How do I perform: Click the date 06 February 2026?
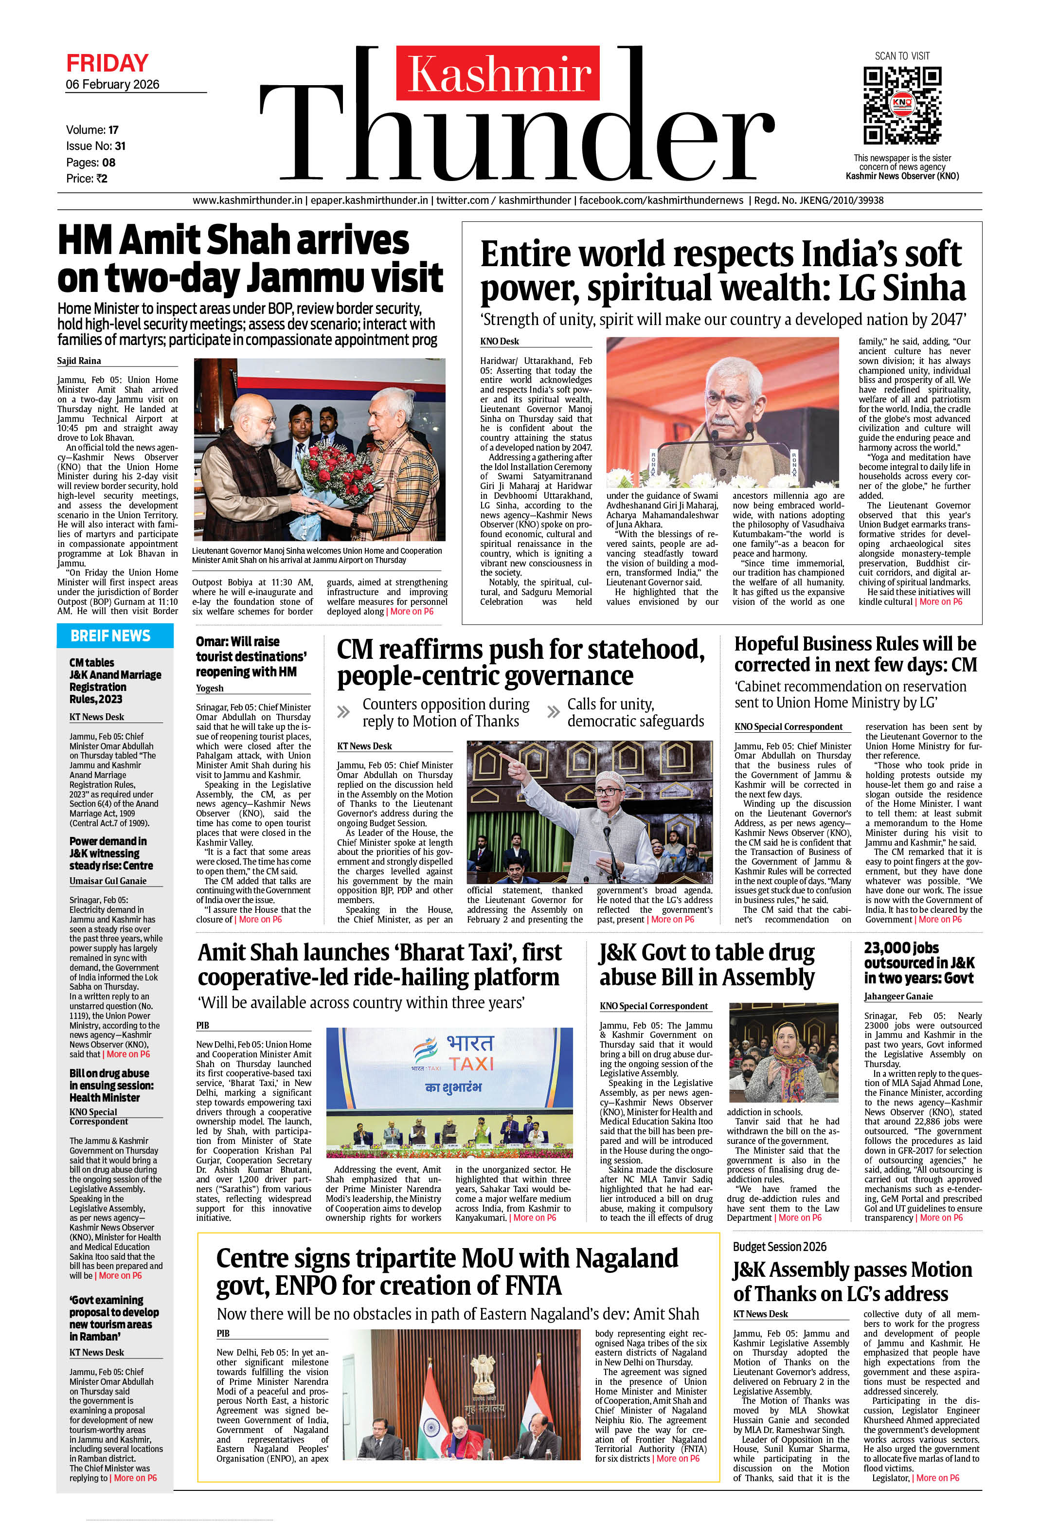tap(113, 85)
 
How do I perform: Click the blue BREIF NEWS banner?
tap(115, 635)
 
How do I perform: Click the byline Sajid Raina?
tap(79, 361)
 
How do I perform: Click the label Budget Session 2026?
tap(779, 1247)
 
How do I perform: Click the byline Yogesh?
tap(210, 688)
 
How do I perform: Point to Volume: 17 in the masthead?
tap(92, 130)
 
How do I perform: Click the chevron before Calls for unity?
tap(553, 712)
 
